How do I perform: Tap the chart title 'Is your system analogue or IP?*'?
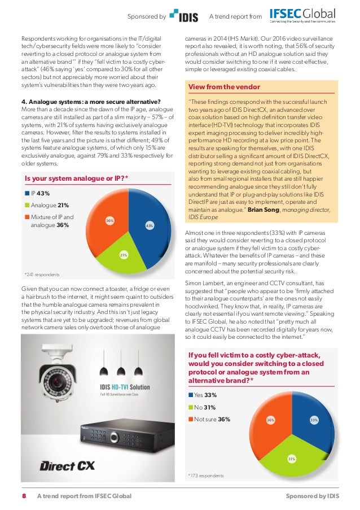click(76, 179)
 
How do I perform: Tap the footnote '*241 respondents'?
click(42, 274)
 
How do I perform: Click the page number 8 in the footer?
click(24, 496)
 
